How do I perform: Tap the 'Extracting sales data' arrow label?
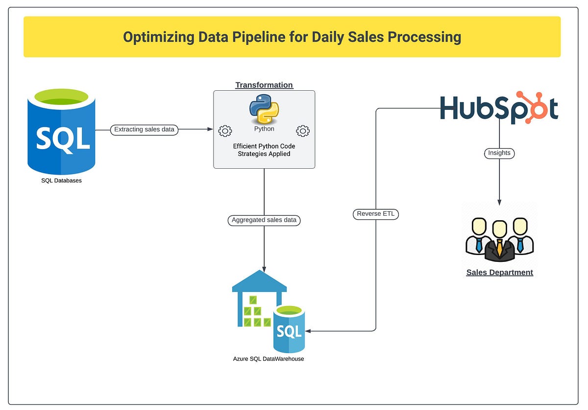(x=144, y=130)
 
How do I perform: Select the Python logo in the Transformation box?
(x=264, y=109)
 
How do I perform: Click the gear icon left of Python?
(x=225, y=131)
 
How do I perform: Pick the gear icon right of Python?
(x=303, y=131)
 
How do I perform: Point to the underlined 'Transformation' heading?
(x=264, y=85)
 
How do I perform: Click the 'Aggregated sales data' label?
(x=264, y=220)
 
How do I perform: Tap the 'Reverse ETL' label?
(x=376, y=214)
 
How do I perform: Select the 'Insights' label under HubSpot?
(x=499, y=153)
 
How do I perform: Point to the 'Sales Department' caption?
(x=499, y=273)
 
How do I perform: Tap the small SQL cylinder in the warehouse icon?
(x=289, y=330)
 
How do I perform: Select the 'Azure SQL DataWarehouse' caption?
(x=269, y=359)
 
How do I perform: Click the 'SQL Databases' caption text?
(x=61, y=180)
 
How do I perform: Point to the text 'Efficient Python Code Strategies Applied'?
(x=264, y=150)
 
